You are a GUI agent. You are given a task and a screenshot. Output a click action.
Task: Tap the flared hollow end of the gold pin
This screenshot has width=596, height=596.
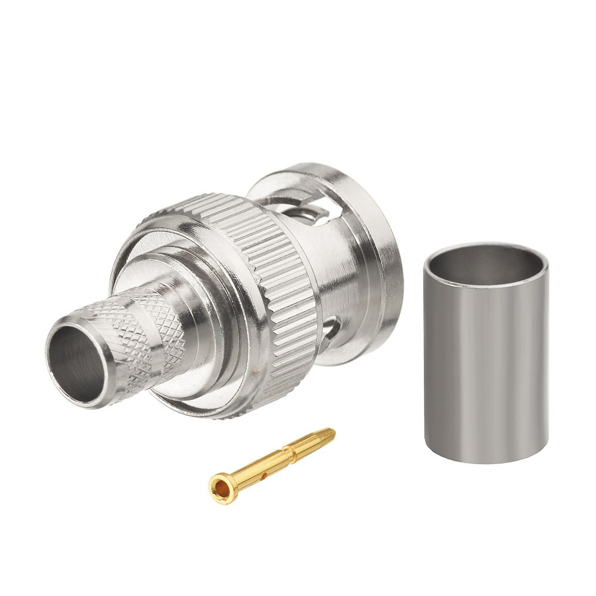(x=222, y=488)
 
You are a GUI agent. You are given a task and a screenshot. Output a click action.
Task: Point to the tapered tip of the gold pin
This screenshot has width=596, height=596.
(x=327, y=433)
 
